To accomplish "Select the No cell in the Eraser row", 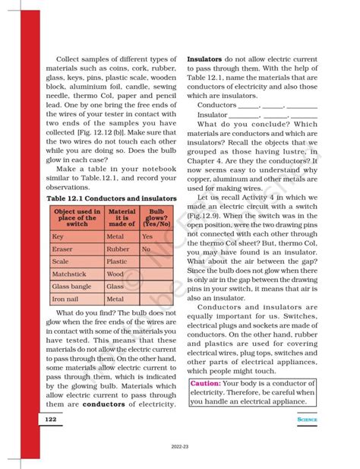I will (x=146, y=249).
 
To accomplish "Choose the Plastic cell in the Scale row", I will (x=116, y=261).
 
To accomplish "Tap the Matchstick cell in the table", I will (x=69, y=274).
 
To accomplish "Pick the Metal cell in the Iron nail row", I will (x=115, y=299).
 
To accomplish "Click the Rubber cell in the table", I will (x=117, y=249).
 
